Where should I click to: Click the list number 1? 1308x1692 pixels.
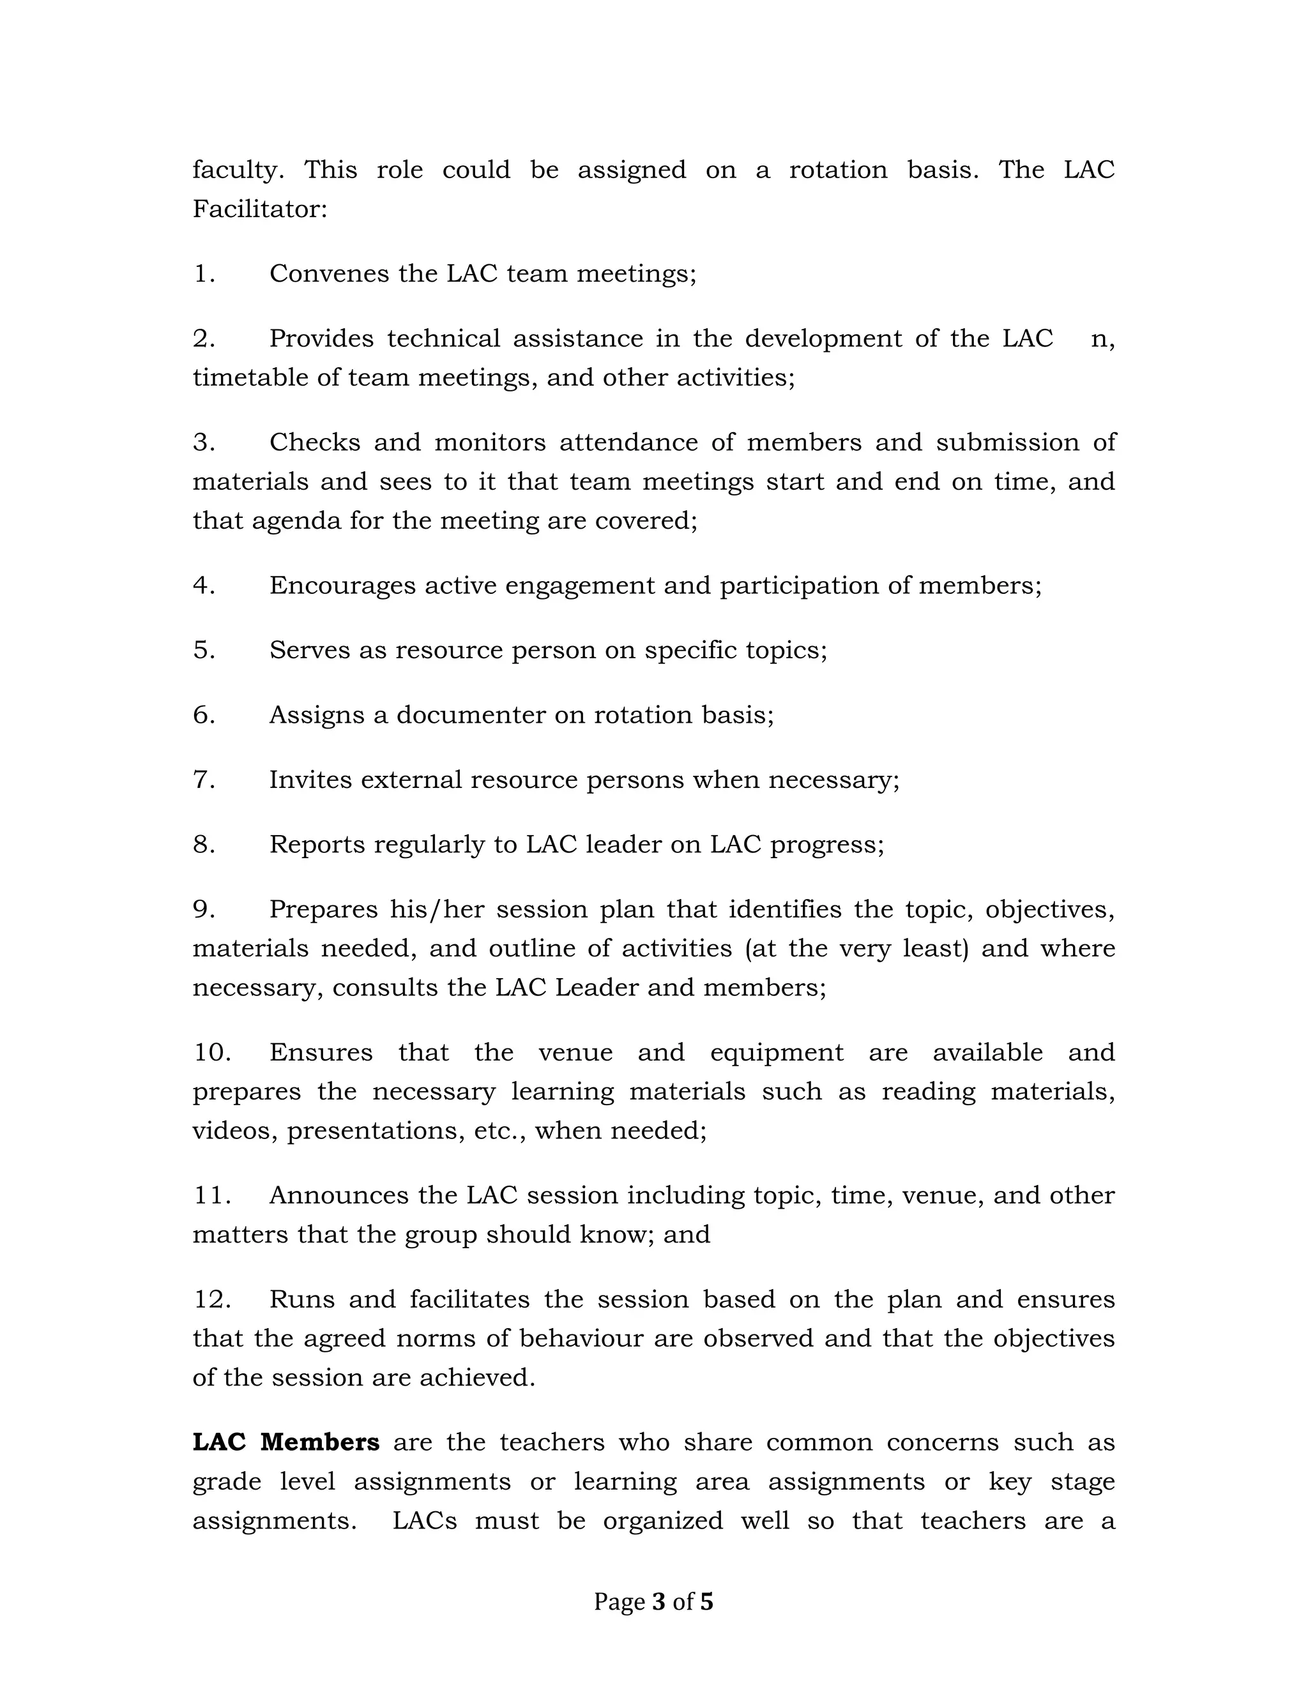click(204, 275)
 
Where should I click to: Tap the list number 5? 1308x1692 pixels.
click(204, 650)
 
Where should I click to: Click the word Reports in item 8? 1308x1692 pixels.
click(317, 845)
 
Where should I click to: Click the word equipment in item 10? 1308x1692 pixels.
click(777, 1053)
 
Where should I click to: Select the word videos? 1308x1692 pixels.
click(235, 1131)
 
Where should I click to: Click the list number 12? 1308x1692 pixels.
click(211, 1299)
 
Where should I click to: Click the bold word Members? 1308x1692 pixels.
click(320, 1442)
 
